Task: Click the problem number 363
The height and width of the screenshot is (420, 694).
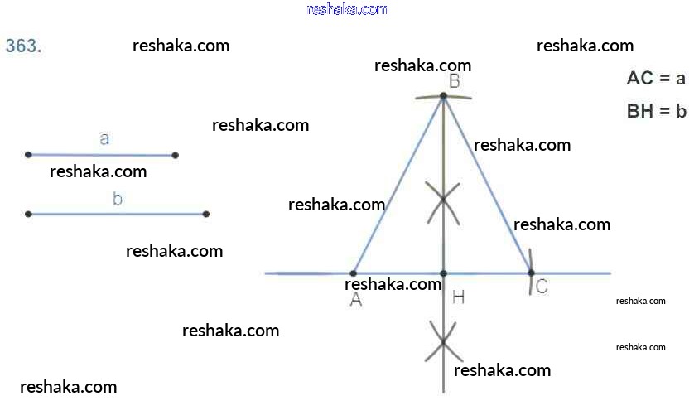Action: (23, 46)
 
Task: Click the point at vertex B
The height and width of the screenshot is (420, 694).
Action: (444, 95)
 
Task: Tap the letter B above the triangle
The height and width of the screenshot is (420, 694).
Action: (455, 81)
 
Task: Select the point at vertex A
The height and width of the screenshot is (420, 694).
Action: (353, 273)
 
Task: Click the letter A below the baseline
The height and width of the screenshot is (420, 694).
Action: (356, 300)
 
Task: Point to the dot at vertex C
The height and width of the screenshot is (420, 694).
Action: (531, 273)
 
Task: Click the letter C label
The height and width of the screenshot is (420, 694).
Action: (542, 287)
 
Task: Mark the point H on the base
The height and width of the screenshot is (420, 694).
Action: (444, 273)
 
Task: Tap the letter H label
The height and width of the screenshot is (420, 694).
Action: (459, 297)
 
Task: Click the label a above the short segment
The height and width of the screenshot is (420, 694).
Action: (104, 139)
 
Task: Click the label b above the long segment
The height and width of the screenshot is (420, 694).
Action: (118, 199)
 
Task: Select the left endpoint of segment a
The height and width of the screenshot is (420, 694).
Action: (28, 155)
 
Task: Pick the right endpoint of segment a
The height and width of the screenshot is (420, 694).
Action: (176, 156)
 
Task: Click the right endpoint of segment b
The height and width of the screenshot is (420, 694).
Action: (206, 215)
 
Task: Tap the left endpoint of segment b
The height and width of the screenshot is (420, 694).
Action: (28, 215)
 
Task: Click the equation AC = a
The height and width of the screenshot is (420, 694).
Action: (656, 79)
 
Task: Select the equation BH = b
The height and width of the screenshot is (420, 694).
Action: (657, 111)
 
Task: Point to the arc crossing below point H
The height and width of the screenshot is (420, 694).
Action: (444, 341)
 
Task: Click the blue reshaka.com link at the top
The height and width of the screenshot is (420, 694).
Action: (348, 9)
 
